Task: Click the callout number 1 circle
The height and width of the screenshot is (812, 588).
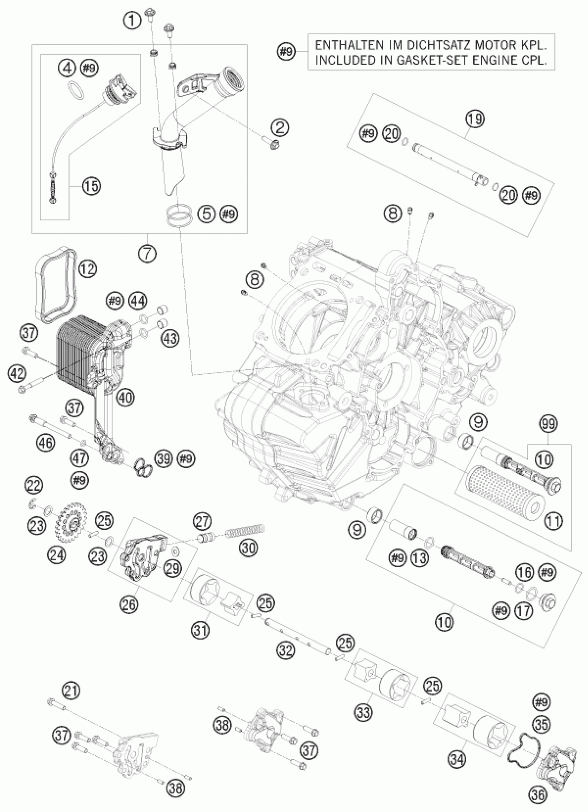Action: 132,20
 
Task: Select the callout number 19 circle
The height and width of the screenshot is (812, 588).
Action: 475,119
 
